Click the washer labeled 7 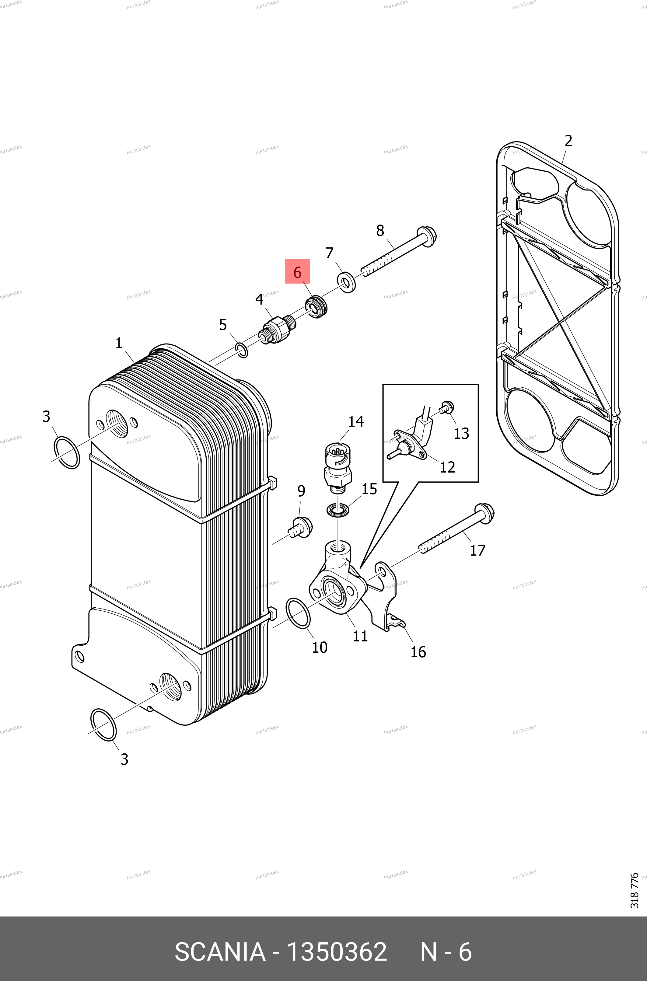tap(347, 282)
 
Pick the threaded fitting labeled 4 tap(278, 329)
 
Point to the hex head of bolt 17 tap(485, 514)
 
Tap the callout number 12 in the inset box tap(447, 467)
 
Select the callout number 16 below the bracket tap(418, 652)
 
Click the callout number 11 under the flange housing tap(360, 636)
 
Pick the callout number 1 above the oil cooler tap(119, 343)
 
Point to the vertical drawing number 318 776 tap(635, 890)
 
